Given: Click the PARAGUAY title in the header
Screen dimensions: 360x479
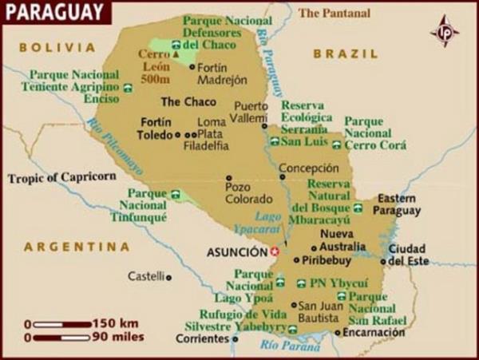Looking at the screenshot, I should [53, 13].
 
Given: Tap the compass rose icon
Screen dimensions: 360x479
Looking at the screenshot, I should [445, 31].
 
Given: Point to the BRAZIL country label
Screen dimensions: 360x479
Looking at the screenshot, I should [345, 53].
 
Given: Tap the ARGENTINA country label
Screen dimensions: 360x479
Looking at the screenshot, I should [77, 247].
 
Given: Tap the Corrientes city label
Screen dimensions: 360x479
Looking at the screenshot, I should [202, 338].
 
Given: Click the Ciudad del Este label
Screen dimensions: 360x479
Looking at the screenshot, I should [406, 254].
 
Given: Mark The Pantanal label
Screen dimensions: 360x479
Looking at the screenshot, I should [335, 13].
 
